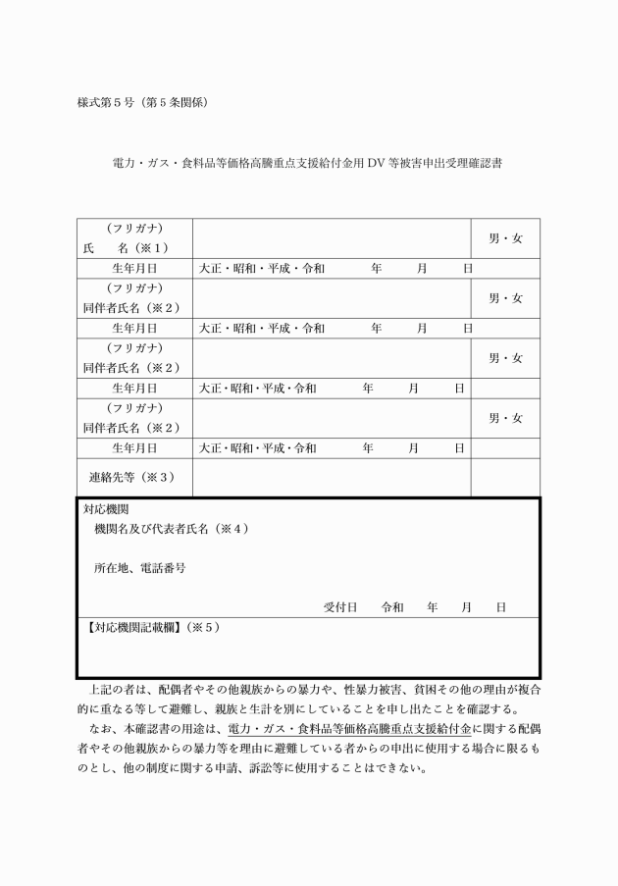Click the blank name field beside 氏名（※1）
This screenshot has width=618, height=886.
tap(332, 237)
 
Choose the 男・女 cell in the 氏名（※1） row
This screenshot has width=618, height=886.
tap(505, 237)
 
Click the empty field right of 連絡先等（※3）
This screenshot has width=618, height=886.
tap(332, 477)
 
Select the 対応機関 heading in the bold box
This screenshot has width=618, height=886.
tap(105, 510)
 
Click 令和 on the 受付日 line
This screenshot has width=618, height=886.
tap(392, 607)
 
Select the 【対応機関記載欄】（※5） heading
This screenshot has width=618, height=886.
tap(153, 627)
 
